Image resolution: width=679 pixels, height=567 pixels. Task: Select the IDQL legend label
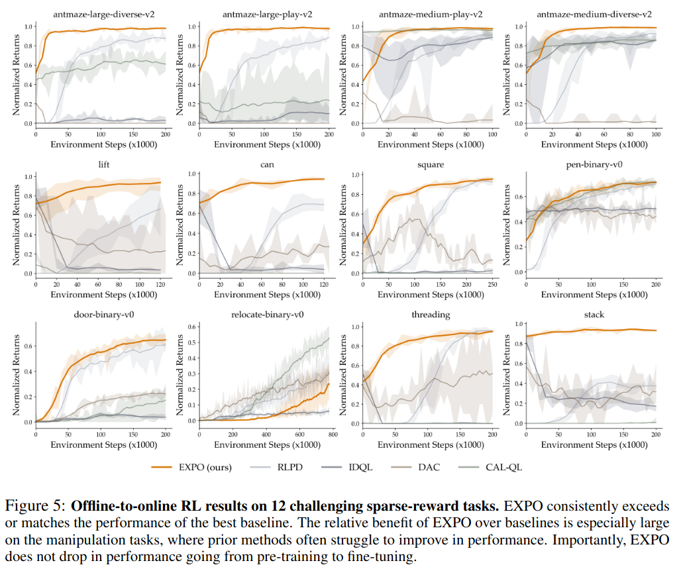click(x=360, y=468)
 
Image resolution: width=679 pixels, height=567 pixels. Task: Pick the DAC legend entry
click(x=429, y=468)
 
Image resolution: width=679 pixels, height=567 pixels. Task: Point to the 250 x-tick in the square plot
click(x=494, y=283)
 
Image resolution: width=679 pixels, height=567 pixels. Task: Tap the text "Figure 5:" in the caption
click(x=33, y=507)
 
